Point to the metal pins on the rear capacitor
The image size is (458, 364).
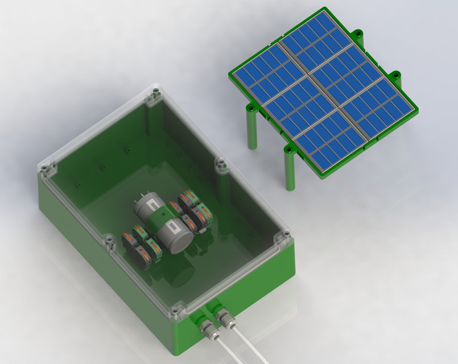point(150,193)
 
